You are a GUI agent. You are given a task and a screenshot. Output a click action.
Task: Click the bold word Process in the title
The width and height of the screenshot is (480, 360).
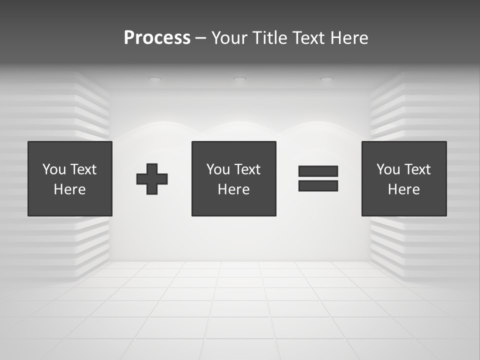click(157, 38)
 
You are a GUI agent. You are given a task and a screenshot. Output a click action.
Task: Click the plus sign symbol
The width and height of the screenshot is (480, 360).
click(152, 178)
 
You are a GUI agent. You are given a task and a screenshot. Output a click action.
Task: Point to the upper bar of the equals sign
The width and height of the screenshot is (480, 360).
click(318, 171)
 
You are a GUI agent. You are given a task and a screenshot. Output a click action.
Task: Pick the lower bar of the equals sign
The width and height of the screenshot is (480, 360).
click(318, 186)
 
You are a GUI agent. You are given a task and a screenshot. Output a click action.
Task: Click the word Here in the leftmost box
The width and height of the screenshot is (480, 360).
click(69, 189)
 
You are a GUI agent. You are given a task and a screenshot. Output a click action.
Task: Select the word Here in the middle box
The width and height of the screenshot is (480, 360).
click(233, 189)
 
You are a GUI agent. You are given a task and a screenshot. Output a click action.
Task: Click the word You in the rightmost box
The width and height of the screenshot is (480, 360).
click(388, 169)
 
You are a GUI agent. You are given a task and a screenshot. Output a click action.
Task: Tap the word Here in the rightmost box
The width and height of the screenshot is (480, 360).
click(403, 189)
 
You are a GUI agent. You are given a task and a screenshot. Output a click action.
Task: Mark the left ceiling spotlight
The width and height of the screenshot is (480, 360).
click(155, 79)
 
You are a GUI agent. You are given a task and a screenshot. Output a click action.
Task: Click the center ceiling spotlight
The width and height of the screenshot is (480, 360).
click(239, 78)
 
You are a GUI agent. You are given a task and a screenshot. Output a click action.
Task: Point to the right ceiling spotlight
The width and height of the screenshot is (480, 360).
click(326, 79)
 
